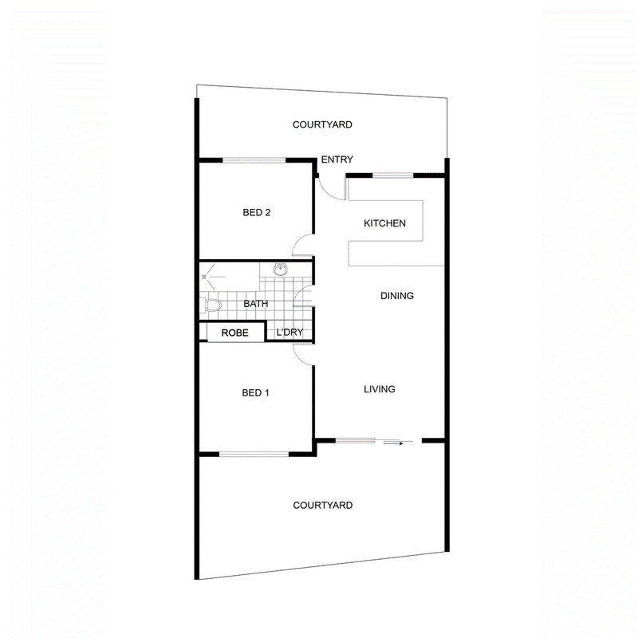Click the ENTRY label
click(x=337, y=159)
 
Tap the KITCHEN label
click(x=384, y=223)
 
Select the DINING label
click(x=396, y=296)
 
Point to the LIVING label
click(x=380, y=389)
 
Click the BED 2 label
click(x=256, y=212)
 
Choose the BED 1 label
click(x=255, y=392)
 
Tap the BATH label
click(x=255, y=304)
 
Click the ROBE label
click(x=234, y=333)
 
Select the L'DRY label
click(x=289, y=333)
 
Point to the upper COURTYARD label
click(x=322, y=124)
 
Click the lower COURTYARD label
click(x=323, y=506)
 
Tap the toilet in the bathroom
click(x=211, y=305)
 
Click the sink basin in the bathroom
click(x=281, y=269)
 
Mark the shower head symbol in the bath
click(x=204, y=277)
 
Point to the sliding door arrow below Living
click(x=393, y=443)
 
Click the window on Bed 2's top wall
click(x=254, y=160)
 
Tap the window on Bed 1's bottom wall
click(x=254, y=454)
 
